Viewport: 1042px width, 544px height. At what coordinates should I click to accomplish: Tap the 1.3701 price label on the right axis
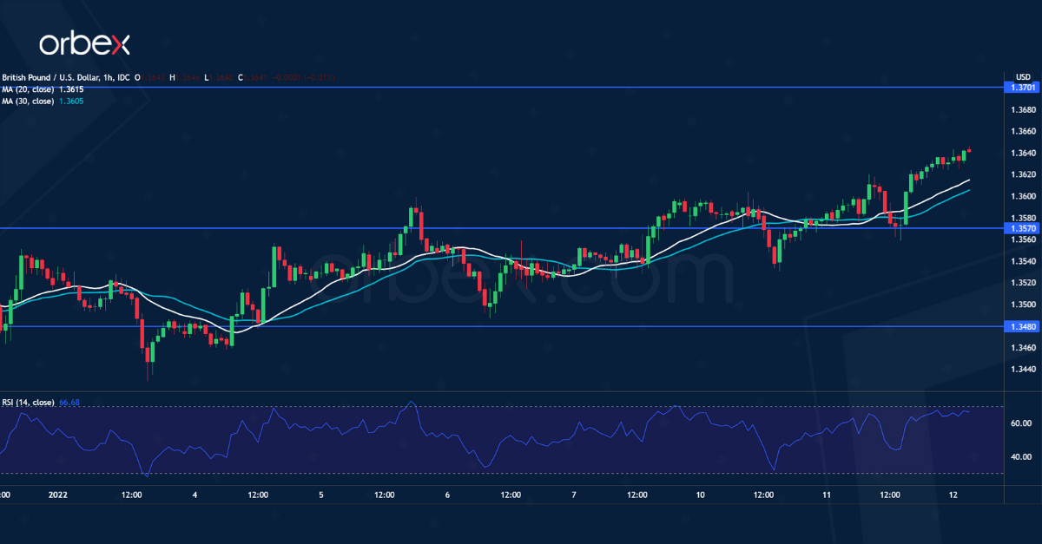1020,88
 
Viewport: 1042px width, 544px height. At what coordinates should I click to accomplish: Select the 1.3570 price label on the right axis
1020,228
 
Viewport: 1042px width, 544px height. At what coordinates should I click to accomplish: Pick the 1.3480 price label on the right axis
1020,326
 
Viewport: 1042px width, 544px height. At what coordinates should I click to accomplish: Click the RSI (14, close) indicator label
28,403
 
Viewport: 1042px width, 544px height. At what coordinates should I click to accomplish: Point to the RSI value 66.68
69,403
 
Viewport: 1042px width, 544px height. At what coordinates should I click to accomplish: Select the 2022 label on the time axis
58,495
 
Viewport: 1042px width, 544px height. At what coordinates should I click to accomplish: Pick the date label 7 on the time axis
574,495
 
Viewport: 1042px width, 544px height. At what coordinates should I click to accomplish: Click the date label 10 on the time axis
701,495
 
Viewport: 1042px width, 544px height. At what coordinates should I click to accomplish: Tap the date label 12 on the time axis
953,495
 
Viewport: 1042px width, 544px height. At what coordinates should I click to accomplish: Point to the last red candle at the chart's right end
968,151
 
